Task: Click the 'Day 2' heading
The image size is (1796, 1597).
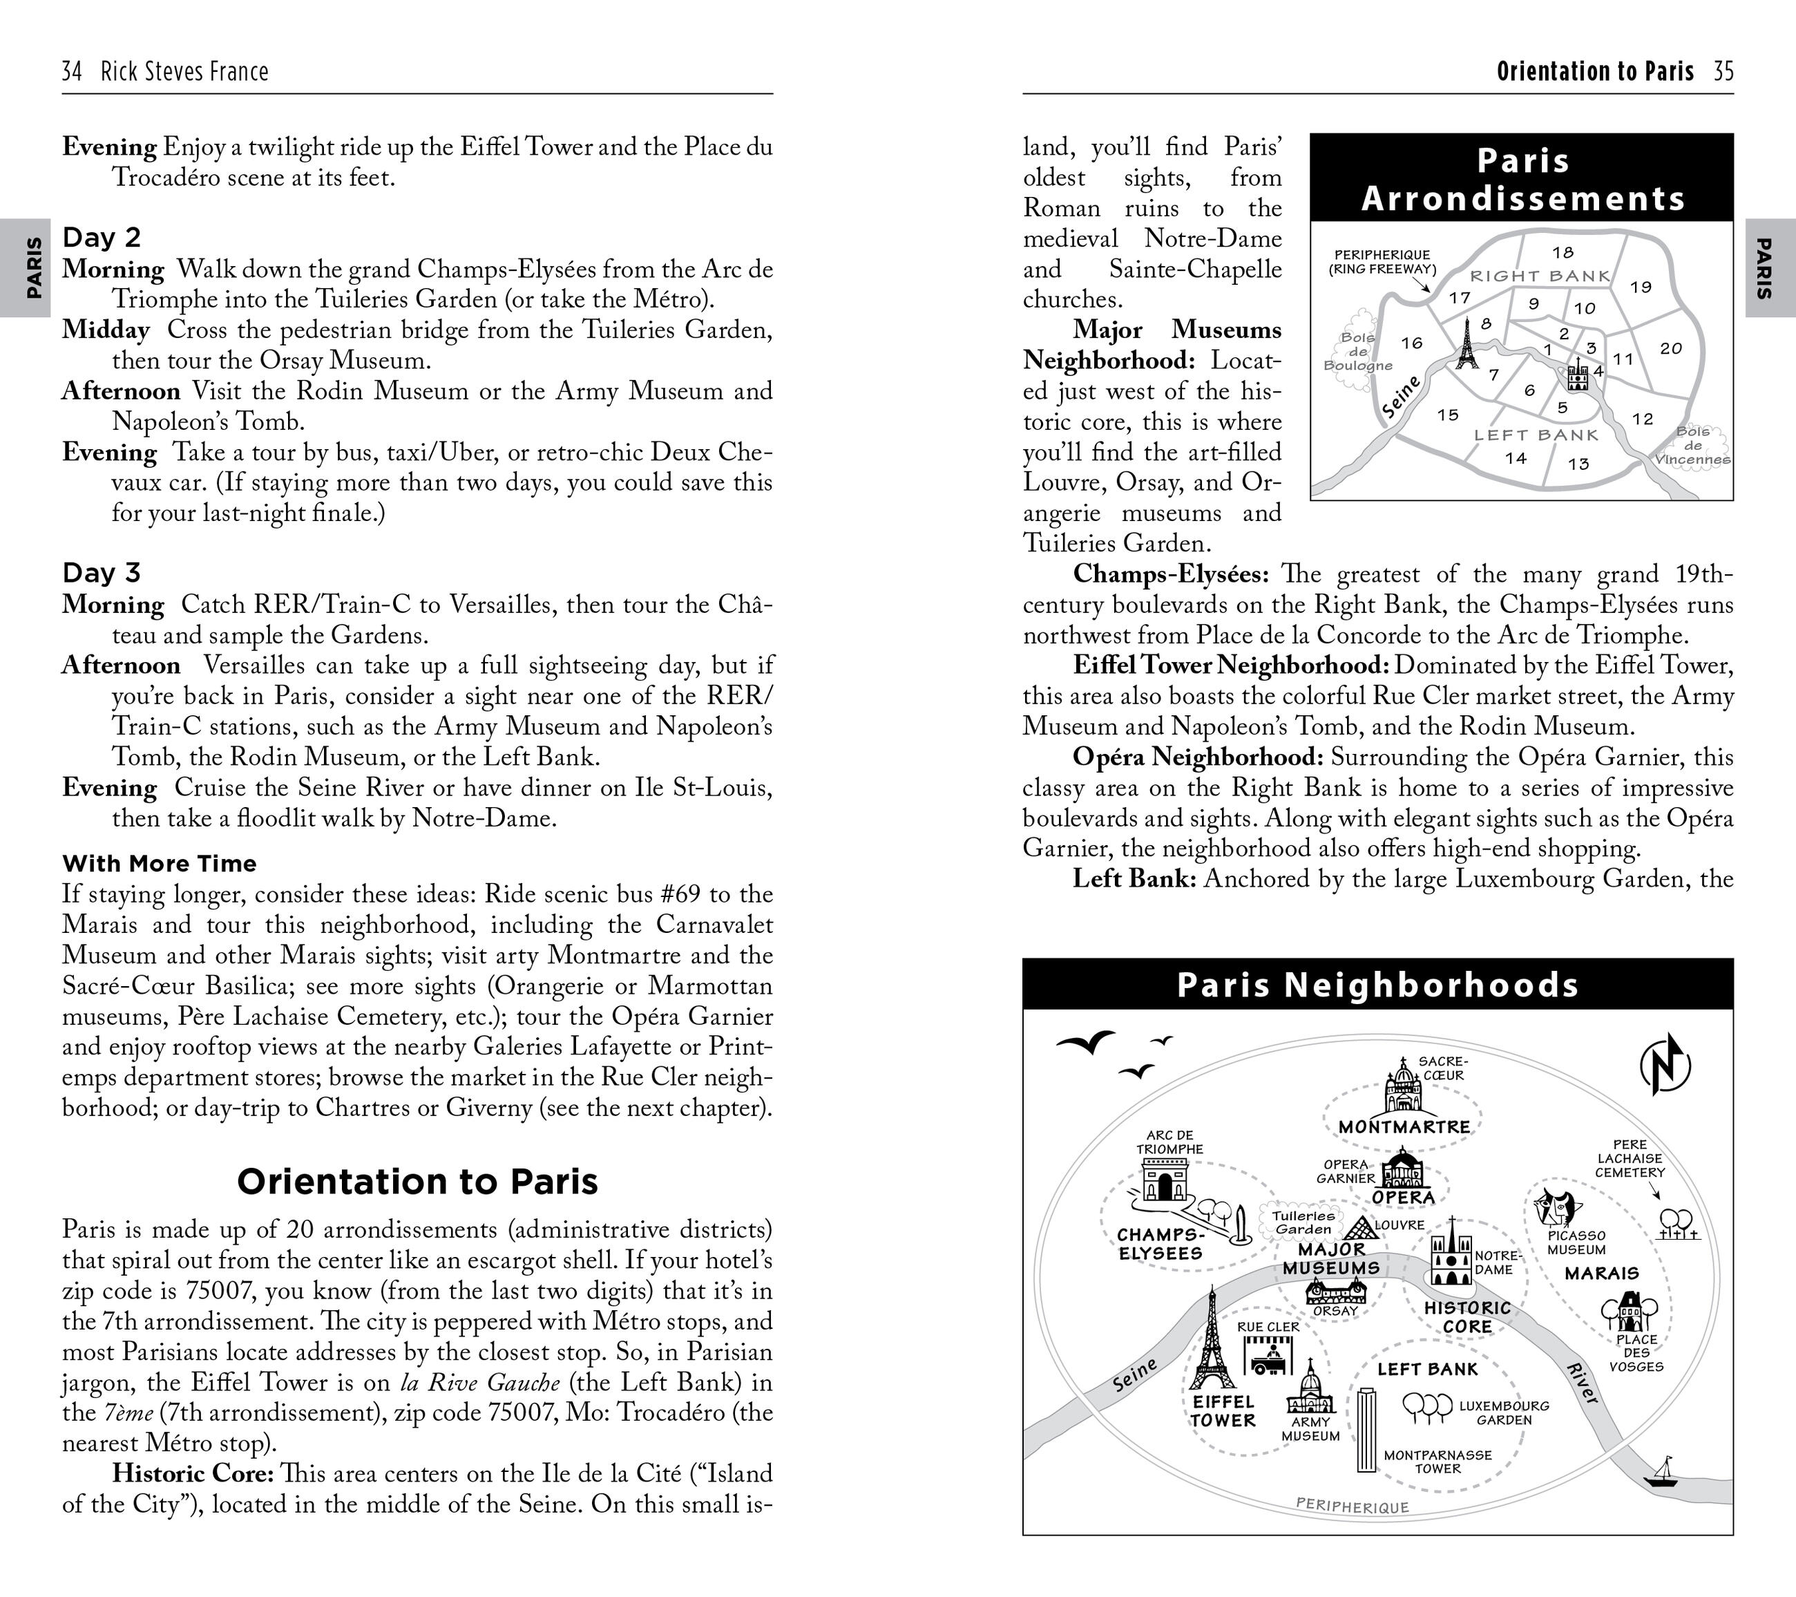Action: coord(101,237)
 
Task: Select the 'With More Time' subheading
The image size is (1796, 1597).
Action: coord(159,863)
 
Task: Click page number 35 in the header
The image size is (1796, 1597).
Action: coord(1723,71)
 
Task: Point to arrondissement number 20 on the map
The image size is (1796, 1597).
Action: coord(1670,348)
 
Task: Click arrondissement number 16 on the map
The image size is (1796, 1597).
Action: coord(1411,343)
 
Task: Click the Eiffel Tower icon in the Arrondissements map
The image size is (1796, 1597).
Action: coord(1466,343)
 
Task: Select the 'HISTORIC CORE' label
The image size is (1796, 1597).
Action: coord(1467,1316)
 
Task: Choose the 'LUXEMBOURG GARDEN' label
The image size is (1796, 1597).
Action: coord(1503,1412)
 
